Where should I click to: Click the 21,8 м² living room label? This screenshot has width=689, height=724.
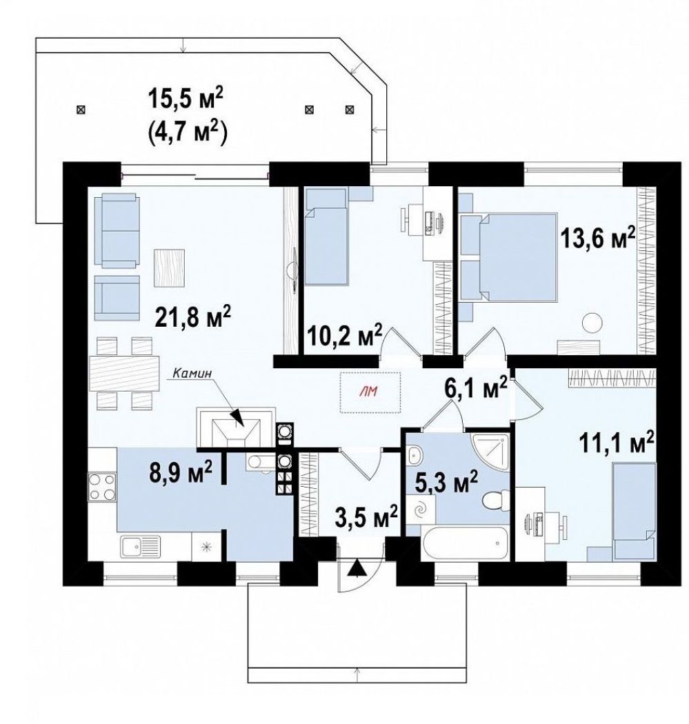[x=193, y=317]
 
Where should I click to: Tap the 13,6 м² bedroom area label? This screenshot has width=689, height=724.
[x=597, y=238]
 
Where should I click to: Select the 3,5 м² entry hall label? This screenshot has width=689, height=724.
[x=366, y=518]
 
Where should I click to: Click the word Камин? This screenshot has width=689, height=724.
[x=192, y=373]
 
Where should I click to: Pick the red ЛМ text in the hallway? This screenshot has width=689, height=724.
[x=371, y=392]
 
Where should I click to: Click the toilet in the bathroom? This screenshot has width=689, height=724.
[x=494, y=500]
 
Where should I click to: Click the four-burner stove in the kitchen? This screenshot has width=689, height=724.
[x=102, y=487]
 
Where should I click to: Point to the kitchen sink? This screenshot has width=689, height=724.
[x=141, y=547]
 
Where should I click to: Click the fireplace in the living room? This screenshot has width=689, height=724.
[x=236, y=427]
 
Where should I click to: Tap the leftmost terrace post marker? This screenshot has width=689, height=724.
[x=81, y=110]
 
